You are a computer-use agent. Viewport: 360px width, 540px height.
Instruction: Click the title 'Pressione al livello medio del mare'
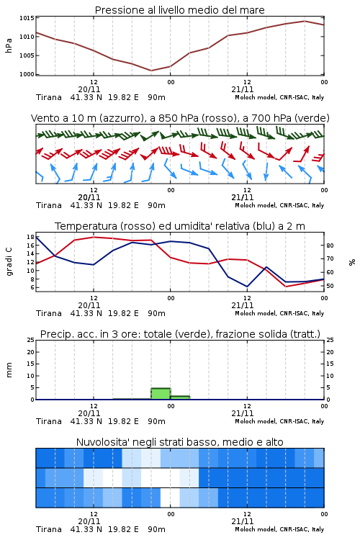click(x=179, y=10)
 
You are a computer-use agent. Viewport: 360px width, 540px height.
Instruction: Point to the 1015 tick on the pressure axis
click(x=27, y=18)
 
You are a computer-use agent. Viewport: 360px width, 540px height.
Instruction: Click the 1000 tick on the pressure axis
click(x=27, y=74)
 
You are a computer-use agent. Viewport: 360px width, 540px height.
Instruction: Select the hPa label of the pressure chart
click(x=9, y=45)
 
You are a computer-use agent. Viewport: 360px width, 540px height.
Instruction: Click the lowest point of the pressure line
click(x=151, y=71)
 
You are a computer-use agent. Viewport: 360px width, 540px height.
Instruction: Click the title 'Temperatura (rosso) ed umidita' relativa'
click(x=180, y=226)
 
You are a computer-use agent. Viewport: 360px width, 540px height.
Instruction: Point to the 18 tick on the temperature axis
click(x=30, y=237)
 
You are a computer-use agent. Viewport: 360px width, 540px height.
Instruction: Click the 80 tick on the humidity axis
click(x=330, y=246)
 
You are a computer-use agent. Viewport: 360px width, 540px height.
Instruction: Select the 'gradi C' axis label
click(x=9, y=262)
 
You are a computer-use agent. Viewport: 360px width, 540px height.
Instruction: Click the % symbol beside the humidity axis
click(x=352, y=262)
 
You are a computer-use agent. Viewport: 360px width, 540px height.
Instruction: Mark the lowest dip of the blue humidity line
click(x=247, y=287)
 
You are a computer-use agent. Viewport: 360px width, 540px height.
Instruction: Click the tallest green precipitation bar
click(x=161, y=394)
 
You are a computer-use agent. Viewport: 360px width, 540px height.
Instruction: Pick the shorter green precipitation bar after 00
click(x=180, y=397)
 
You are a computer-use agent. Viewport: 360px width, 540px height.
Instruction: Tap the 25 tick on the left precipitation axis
click(x=31, y=340)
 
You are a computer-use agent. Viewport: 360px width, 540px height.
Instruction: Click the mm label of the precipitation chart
click(x=9, y=370)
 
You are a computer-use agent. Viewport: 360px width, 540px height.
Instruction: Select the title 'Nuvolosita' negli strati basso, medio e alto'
click(x=179, y=442)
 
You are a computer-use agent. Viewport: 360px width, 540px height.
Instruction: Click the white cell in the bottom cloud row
click(x=170, y=498)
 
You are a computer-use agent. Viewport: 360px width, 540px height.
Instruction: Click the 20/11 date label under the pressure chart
click(x=89, y=89)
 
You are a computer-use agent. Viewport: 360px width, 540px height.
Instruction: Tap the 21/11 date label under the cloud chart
click(x=242, y=521)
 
